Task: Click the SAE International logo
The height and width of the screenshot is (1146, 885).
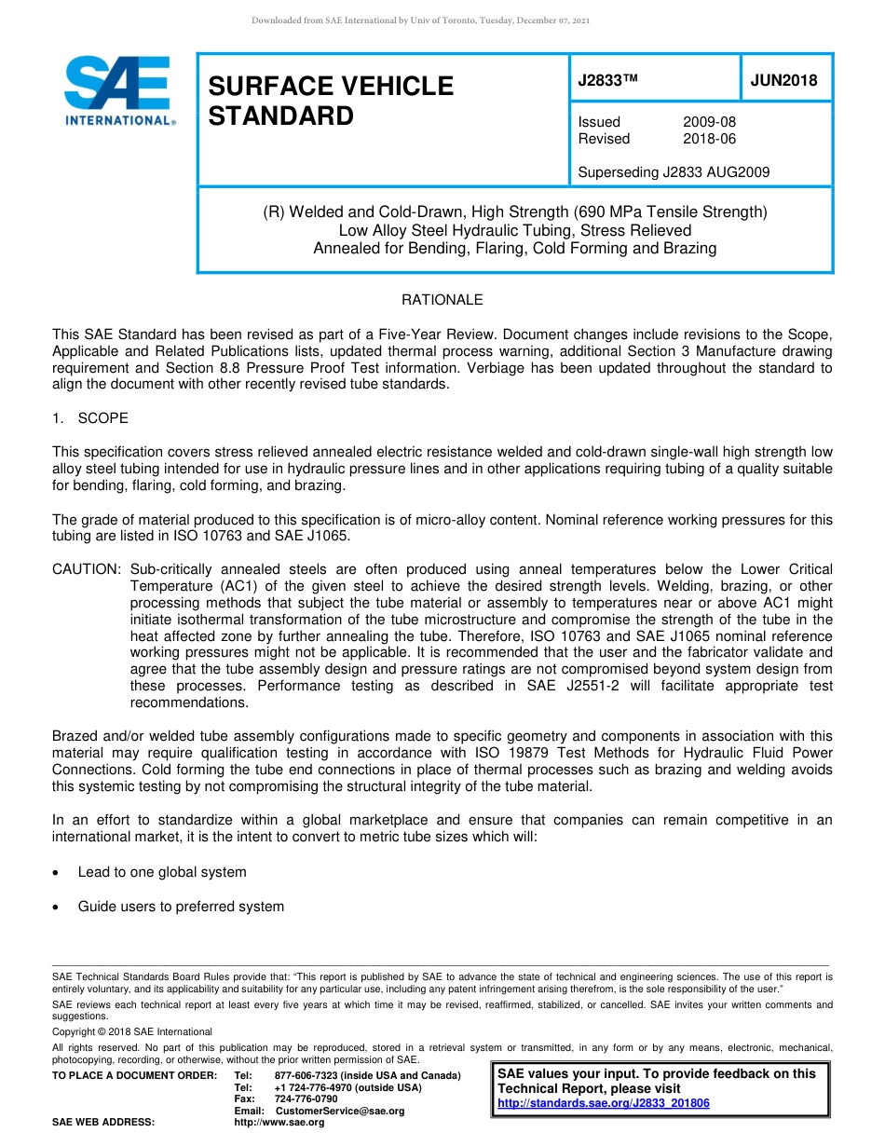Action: [117, 90]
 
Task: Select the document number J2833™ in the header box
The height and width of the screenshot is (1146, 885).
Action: [607, 80]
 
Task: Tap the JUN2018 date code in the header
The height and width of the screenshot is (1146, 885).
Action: [783, 80]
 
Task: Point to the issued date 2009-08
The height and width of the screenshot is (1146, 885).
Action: [709, 122]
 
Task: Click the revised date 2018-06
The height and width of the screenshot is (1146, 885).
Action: [709, 139]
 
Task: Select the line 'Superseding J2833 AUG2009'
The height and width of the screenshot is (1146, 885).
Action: [674, 172]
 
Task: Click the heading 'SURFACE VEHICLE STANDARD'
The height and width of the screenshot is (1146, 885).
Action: [330, 101]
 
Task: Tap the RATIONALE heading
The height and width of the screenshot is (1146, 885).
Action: [442, 300]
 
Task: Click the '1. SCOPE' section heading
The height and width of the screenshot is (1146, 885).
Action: [90, 418]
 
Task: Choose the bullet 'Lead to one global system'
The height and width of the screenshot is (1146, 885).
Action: [162, 872]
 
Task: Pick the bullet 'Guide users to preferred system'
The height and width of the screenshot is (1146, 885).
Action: [181, 907]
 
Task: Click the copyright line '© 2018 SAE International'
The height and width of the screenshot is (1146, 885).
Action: [132, 1031]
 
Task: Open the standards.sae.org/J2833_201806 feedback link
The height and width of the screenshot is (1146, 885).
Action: [604, 1103]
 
